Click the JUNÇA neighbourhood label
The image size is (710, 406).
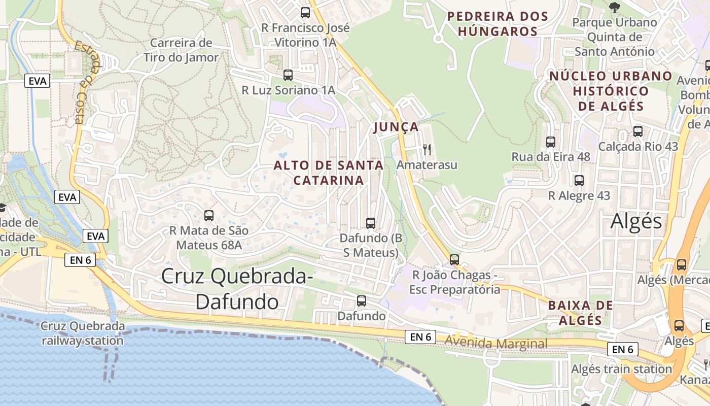coord(396,127)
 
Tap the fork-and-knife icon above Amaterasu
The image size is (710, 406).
coord(427,149)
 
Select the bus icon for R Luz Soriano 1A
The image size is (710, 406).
coord(288,75)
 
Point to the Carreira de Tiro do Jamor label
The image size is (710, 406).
coord(181,50)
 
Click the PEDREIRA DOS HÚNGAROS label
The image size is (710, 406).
coord(498,24)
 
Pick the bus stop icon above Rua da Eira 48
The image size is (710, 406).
coord(551,142)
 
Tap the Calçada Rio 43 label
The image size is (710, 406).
coord(638,147)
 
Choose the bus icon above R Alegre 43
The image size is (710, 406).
coord(579,181)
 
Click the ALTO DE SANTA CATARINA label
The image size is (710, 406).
coord(329,173)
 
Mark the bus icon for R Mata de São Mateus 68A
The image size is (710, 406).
coord(209,216)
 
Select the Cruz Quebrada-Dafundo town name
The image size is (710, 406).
coord(237,289)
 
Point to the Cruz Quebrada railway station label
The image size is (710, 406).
coord(83,333)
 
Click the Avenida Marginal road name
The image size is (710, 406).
coord(496,344)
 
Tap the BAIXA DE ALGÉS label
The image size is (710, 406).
coord(581,313)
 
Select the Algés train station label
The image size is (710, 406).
coord(621,369)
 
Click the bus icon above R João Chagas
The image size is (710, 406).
coord(454,260)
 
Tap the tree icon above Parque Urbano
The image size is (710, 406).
coord(615,7)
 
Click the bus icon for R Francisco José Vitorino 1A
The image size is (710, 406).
coord(305,13)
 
